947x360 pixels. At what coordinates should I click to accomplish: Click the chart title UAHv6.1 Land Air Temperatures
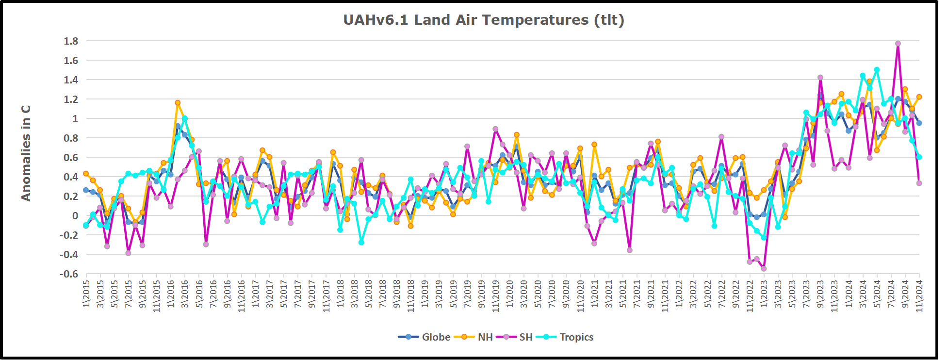point(483,20)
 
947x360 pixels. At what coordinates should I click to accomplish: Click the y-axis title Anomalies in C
point(26,153)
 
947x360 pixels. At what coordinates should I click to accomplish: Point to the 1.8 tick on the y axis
point(71,41)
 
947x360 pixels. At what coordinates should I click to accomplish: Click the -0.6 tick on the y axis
point(69,274)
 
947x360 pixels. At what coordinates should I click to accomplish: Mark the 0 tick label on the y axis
point(75,216)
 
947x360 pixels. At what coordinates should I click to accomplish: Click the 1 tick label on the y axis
point(75,119)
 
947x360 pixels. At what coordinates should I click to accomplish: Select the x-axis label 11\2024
point(919,294)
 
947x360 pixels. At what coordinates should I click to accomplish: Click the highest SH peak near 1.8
point(898,44)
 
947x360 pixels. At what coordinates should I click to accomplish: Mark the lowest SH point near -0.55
point(764,269)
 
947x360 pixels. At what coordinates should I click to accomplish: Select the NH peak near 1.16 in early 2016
point(178,103)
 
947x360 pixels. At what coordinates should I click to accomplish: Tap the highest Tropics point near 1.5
point(877,70)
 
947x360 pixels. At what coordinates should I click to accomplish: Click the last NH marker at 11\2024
point(919,97)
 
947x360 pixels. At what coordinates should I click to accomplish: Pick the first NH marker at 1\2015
point(86,174)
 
